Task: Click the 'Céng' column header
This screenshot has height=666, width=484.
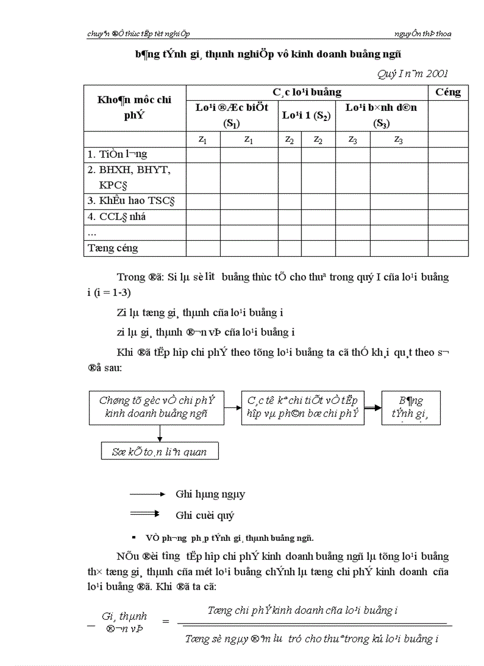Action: (448, 93)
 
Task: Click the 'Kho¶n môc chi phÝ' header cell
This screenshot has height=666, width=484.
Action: (135, 107)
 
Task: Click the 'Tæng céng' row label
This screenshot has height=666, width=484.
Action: (113, 248)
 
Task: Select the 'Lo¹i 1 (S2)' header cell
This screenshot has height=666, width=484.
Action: (306, 116)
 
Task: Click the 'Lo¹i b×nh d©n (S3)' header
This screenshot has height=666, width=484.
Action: (381, 115)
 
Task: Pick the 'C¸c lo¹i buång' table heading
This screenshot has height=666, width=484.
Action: (307, 93)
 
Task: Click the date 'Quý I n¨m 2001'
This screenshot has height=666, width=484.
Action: (412, 74)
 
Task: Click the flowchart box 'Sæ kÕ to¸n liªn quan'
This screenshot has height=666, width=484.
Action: (160, 451)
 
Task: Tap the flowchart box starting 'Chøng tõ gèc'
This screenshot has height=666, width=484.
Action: (157, 407)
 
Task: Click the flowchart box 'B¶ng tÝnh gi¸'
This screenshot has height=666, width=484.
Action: (410, 407)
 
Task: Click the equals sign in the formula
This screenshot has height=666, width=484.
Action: (165, 622)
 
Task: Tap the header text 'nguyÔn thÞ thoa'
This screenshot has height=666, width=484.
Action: (422, 34)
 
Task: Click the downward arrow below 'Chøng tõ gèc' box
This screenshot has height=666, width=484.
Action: (160, 434)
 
